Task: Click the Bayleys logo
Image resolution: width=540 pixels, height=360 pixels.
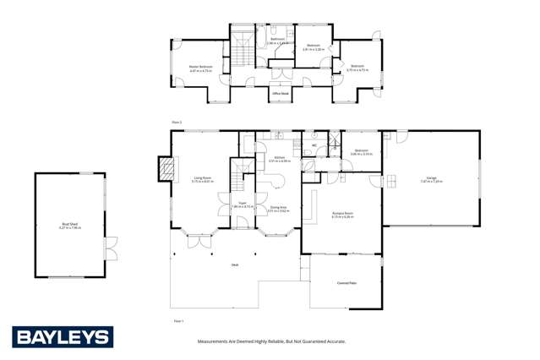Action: coord(62,337)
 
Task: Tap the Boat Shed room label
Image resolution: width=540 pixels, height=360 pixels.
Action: coord(68,226)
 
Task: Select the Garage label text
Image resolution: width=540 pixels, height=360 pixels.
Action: coord(431,179)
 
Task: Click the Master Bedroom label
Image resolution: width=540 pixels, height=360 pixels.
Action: coord(189,68)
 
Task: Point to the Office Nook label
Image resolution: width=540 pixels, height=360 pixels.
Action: coord(280,93)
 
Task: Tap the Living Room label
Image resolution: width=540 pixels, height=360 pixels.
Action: coord(202,179)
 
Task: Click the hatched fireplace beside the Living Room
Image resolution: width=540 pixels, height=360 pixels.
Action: coord(168,170)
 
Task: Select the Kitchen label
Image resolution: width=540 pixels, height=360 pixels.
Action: coord(281,158)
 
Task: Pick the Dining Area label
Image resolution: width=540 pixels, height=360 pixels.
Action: coord(278,208)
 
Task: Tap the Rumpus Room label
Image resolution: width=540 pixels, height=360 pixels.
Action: coord(342,215)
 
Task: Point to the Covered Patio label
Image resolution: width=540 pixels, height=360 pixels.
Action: coord(346,282)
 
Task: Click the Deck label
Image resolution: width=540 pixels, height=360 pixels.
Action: coord(234,265)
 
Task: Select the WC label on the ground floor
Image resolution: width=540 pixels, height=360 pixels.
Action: coord(314,145)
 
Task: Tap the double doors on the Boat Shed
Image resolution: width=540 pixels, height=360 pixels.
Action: coord(108,248)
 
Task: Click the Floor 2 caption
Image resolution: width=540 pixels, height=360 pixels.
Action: coord(177,123)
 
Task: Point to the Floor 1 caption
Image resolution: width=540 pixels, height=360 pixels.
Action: coord(178,322)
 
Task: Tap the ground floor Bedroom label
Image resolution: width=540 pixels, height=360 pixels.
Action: coord(361,152)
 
